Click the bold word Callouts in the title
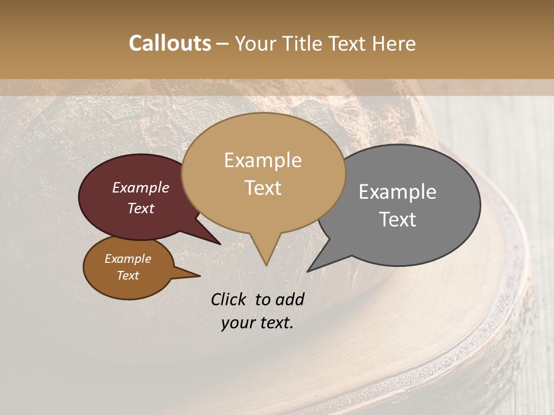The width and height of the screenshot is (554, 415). (x=170, y=43)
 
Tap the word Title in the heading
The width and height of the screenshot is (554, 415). (x=302, y=44)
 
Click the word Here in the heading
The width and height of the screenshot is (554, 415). (x=394, y=44)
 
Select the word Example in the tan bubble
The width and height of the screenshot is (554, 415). (x=263, y=160)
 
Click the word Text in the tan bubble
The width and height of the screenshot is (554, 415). (x=263, y=188)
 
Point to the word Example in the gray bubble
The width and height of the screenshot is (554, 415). (x=398, y=192)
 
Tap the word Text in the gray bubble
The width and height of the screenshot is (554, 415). (x=398, y=220)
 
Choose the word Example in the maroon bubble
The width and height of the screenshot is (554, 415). (x=141, y=188)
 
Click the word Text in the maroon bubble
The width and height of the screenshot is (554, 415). (x=141, y=208)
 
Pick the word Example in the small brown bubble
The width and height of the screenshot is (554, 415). (x=128, y=259)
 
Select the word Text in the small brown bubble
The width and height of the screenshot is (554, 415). (x=128, y=276)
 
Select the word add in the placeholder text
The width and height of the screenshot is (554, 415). (x=290, y=300)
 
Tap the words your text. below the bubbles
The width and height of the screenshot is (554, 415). (x=257, y=323)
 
